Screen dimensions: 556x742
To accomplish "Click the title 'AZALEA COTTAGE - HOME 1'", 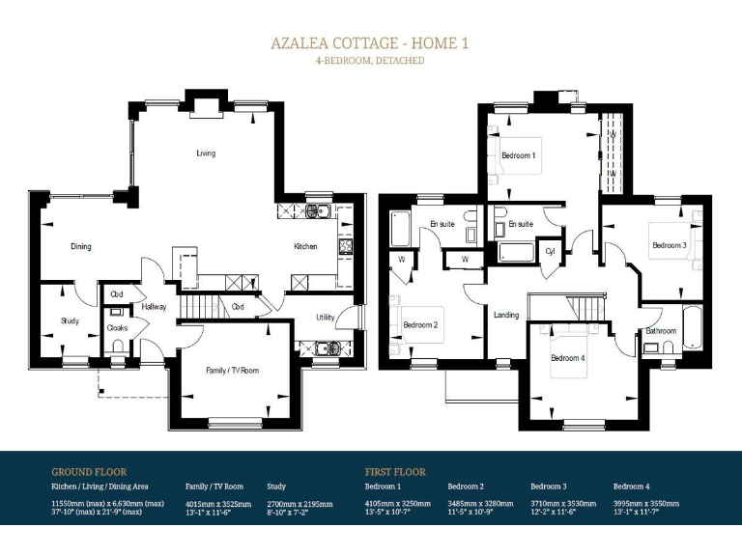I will tap(370, 43).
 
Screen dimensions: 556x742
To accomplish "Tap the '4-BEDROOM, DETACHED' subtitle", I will tap(370, 61).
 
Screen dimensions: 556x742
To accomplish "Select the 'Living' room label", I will tap(206, 153).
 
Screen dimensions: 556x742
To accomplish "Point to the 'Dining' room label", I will tap(81, 247).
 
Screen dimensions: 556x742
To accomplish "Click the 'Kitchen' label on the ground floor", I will tap(305, 247).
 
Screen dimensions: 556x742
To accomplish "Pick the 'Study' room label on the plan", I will tap(70, 321).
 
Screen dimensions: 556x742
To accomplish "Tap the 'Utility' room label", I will tap(325, 318).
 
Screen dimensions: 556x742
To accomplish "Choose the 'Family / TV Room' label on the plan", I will tap(232, 371).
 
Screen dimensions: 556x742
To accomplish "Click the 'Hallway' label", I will tap(155, 307).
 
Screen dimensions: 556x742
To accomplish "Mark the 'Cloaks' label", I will tap(117, 328).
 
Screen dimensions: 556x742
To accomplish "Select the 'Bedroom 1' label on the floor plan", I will tap(519, 155).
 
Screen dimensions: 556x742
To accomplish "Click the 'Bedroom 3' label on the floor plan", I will tap(669, 246).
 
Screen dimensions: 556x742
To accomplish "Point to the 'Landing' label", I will tap(506, 316).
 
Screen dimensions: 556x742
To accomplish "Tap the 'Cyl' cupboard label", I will tap(551, 251).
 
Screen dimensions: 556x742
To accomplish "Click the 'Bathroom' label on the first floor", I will tap(662, 331).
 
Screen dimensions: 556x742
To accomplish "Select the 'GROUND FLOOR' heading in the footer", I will tap(89, 472).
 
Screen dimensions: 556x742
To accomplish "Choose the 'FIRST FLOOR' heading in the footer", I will tap(395, 472).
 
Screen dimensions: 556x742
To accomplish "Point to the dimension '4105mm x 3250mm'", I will tap(397, 503).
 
